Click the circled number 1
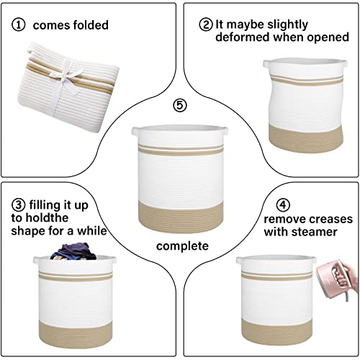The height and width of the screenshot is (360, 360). [x=17, y=25]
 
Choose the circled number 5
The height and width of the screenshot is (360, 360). [x=179, y=106]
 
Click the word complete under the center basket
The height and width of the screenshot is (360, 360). [x=179, y=246]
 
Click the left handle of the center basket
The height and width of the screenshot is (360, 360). [x=135, y=132]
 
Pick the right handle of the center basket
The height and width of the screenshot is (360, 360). [x=225, y=132]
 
